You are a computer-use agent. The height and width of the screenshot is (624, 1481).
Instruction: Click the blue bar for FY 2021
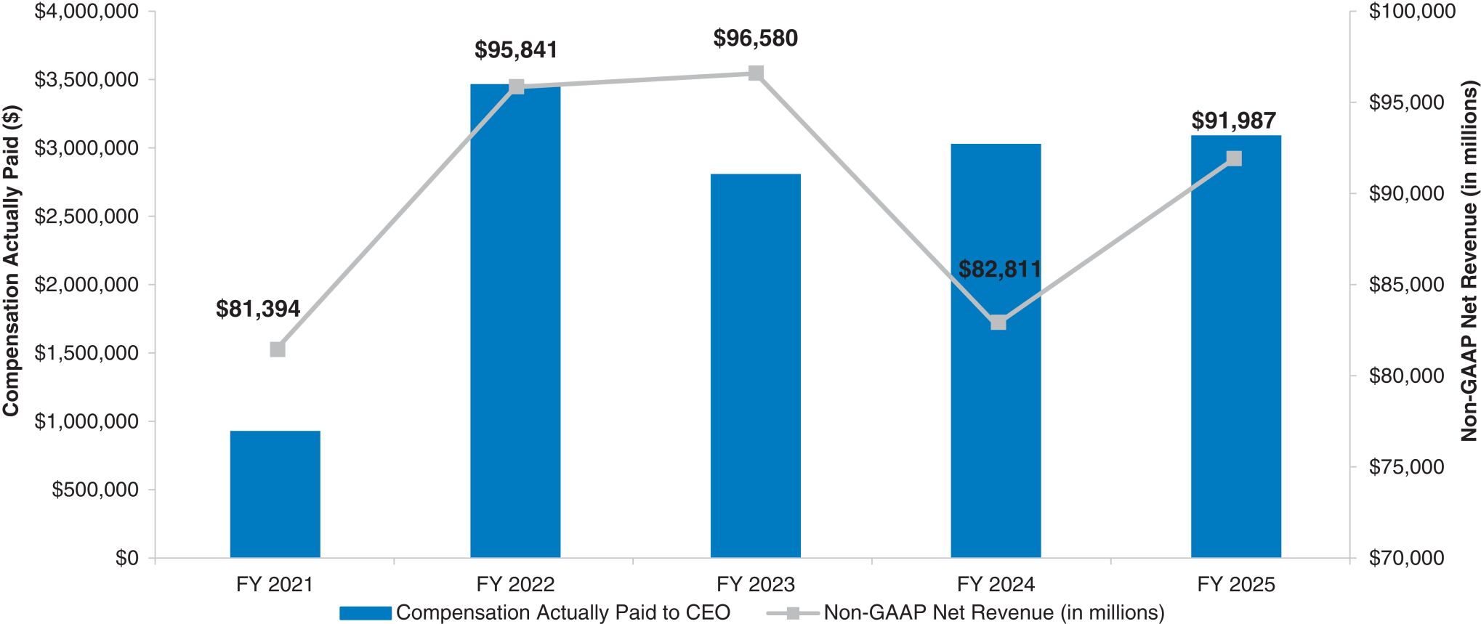[275, 494]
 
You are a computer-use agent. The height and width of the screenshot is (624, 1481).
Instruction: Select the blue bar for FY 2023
[755, 365]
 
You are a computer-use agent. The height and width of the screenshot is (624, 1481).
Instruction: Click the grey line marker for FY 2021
[278, 349]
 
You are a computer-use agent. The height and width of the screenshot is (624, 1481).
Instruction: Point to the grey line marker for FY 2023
[756, 73]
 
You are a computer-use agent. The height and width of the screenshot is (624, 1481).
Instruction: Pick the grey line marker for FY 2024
[998, 322]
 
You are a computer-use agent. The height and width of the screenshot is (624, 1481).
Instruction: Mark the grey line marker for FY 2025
[1234, 158]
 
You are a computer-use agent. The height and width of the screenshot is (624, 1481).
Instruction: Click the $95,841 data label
[516, 50]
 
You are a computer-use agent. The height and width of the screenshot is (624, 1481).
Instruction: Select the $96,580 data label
[755, 39]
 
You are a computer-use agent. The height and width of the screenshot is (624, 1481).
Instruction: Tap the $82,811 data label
[999, 270]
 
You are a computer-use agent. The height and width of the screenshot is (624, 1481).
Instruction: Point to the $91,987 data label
[1233, 121]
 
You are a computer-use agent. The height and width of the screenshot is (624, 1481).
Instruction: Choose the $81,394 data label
[258, 309]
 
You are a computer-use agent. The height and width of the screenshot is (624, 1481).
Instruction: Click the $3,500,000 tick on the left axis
[86, 79]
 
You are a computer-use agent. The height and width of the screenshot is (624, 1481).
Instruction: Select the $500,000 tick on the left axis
[94, 490]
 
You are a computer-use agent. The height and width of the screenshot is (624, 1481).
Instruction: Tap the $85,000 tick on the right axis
[1406, 284]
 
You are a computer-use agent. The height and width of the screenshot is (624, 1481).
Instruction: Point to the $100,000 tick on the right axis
[1412, 12]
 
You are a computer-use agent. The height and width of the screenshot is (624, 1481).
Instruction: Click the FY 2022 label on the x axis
[515, 584]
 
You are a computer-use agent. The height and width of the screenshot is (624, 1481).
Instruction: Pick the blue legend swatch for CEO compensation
[365, 613]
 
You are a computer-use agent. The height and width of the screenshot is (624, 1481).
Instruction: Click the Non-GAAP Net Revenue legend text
[993, 613]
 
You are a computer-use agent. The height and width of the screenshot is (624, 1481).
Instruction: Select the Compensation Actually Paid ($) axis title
[11, 261]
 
